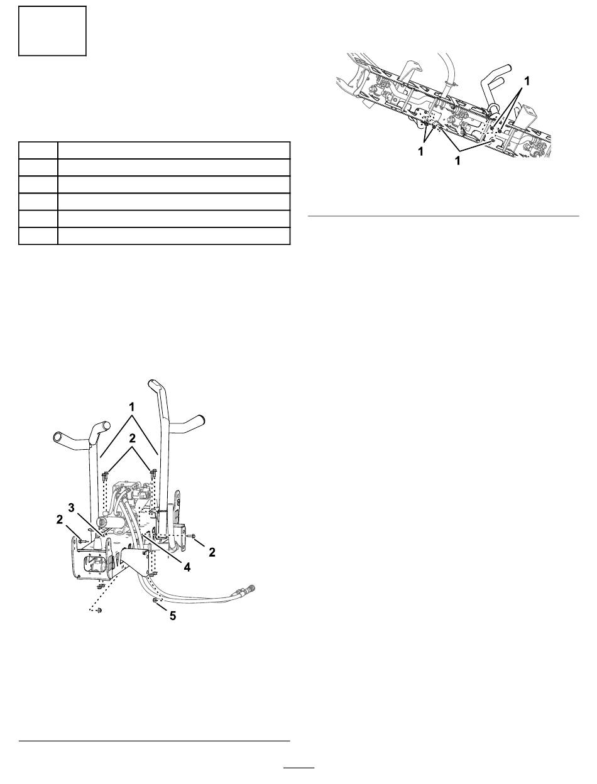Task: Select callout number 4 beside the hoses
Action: pos(187,565)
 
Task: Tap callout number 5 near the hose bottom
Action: pos(173,616)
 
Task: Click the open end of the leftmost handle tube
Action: pos(58,436)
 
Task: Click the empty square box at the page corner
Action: pos(52,31)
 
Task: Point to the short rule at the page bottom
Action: pos(298,768)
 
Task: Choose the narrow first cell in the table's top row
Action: pos(38,151)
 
